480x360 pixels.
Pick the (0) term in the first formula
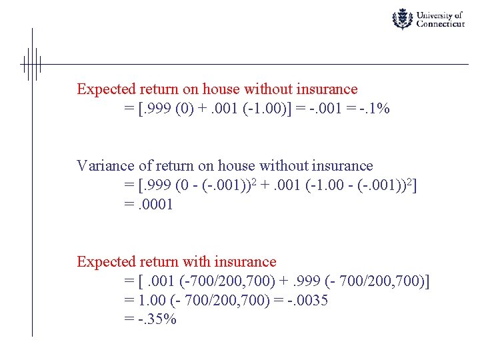pos(183,108)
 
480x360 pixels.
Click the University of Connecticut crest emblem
pos(402,19)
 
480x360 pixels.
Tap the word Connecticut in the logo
pos(440,24)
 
